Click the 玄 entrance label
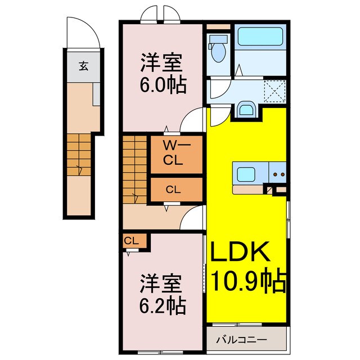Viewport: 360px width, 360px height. [83, 66]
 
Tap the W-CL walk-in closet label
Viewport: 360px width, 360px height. [173, 152]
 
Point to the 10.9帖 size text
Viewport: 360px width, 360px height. [247, 280]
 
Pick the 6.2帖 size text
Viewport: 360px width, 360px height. [163, 305]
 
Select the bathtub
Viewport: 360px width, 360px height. [260, 38]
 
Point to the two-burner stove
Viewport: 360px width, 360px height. [277, 174]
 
